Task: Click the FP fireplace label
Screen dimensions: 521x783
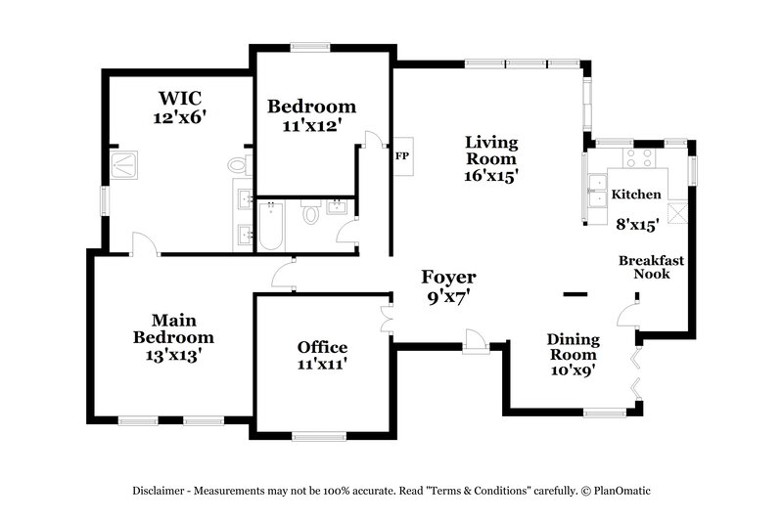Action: pos(401,155)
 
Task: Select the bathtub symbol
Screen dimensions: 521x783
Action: pos(270,224)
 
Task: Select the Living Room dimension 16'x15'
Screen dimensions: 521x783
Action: pos(490,176)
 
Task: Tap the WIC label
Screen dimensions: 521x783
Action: pos(180,98)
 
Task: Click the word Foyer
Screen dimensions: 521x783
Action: pos(448,277)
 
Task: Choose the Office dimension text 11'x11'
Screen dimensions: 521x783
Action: pos(322,365)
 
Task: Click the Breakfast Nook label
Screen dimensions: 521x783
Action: pos(650,267)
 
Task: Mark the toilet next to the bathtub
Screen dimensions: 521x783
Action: pos(311,212)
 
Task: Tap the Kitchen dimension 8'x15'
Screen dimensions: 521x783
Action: pos(636,223)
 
